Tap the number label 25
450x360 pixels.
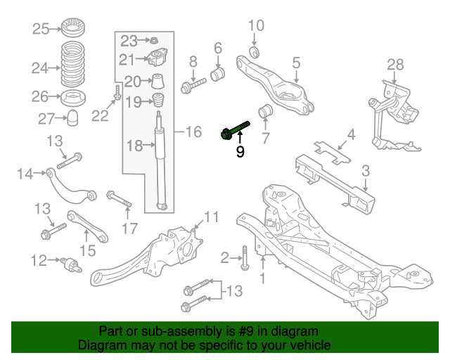(x=41, y=29)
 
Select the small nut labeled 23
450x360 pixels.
(x=155, y=39)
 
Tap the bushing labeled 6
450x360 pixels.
(x=219, y=74)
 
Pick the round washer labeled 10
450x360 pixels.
(x=255, y=52)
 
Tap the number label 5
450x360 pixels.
(x=296, y=62)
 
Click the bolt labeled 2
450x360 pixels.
(x=244, y=258)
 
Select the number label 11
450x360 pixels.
(x=212, y=216)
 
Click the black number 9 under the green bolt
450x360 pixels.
(x=240, y=151)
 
